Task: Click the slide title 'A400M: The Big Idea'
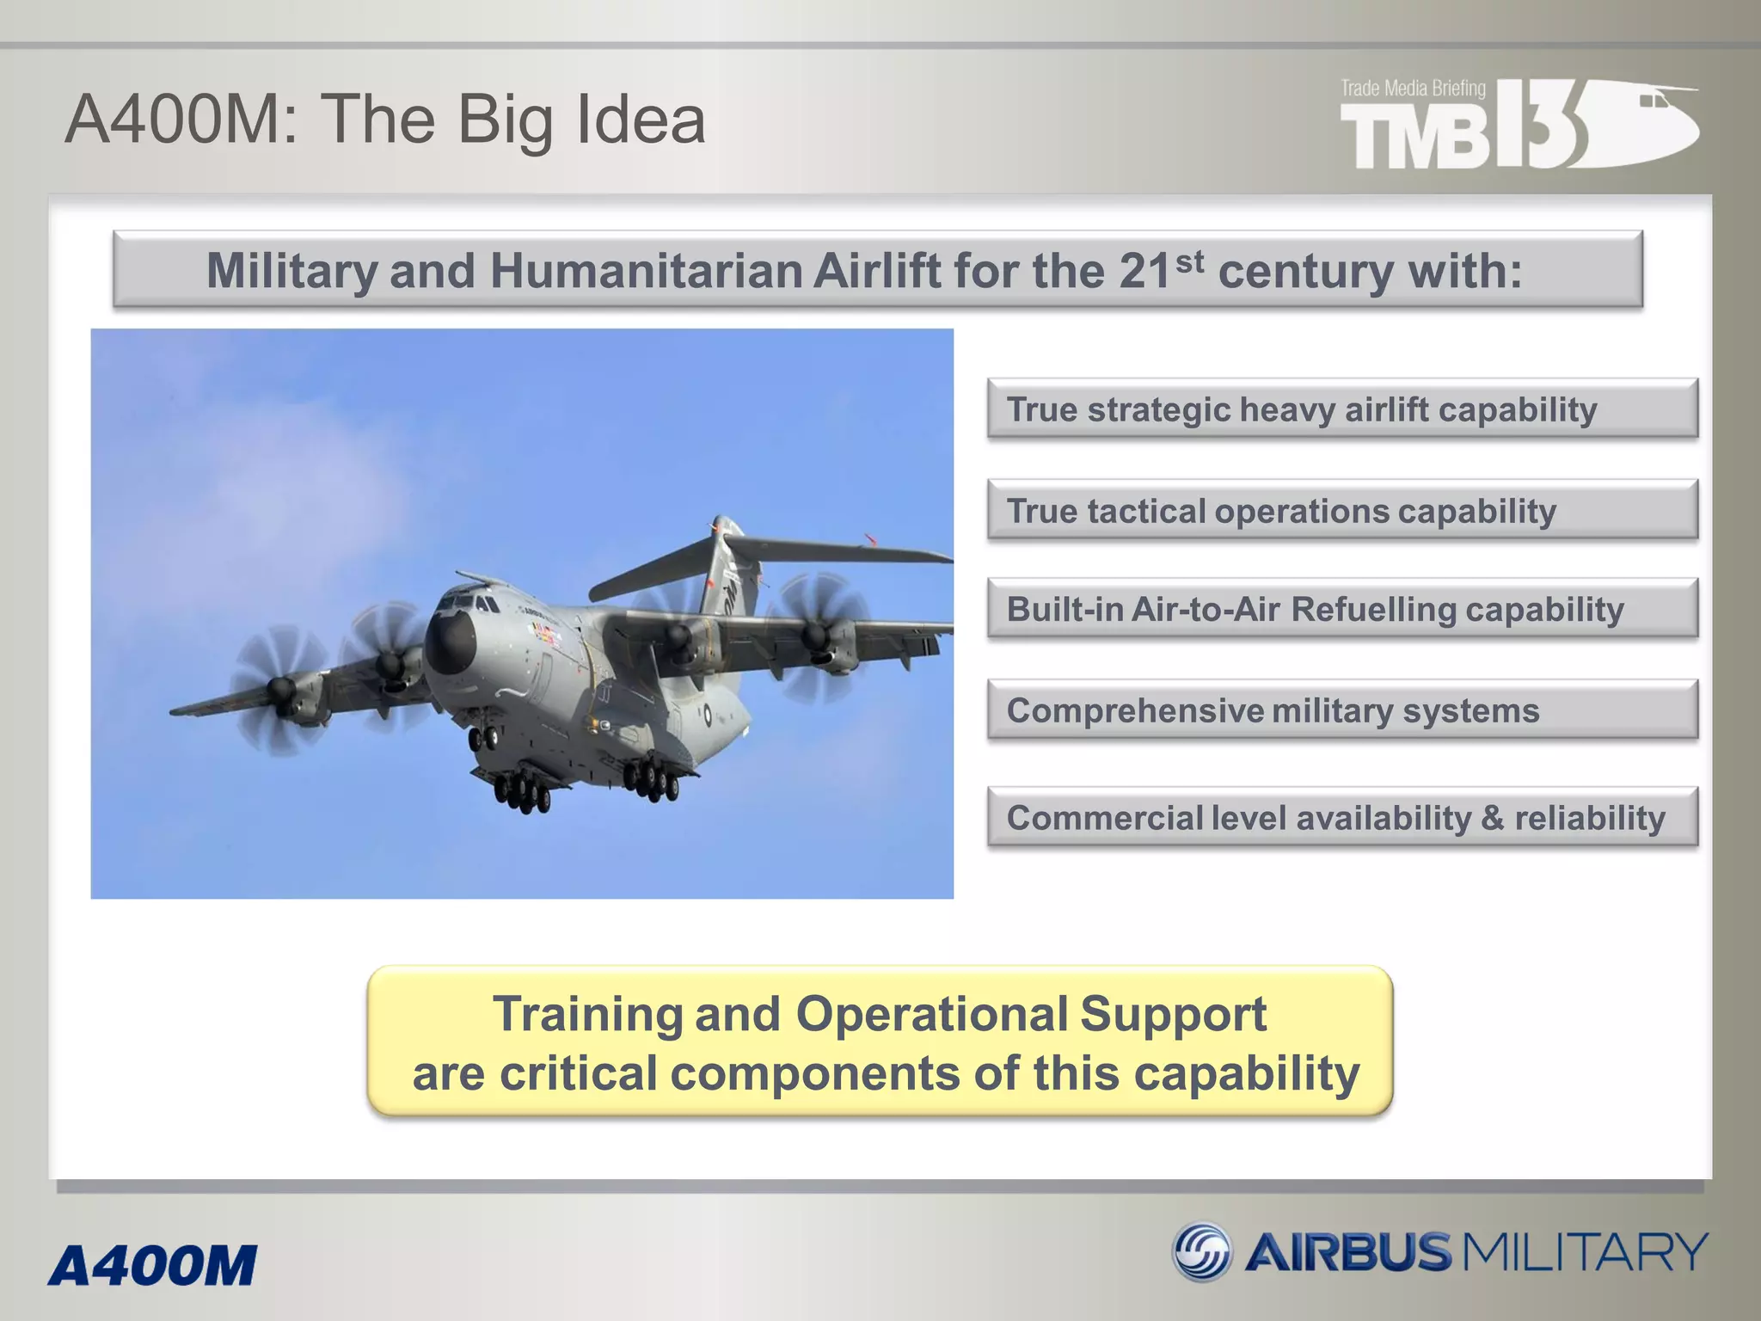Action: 385,119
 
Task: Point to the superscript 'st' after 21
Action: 1189,261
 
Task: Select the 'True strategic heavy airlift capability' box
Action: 1341,409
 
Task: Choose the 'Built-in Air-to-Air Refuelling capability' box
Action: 1341,610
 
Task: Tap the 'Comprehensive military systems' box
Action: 1341,711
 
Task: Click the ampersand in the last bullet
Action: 1492,818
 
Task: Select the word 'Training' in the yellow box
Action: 588,1014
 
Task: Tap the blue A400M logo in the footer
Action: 153,1266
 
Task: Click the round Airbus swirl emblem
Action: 1202,1251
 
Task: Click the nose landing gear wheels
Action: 482,738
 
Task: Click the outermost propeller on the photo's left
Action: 280,687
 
